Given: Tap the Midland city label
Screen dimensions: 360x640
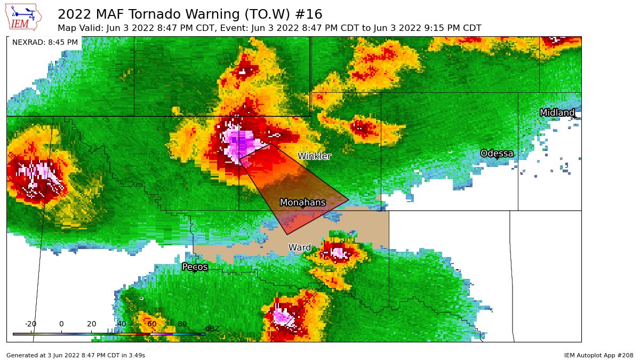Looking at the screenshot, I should click(x=557, y=113).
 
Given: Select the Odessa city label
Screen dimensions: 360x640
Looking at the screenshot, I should click(x=497, y=154).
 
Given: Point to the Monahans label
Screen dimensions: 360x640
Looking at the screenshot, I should click(x=302, y=203).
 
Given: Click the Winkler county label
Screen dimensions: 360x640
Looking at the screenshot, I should click(x=314, y=156).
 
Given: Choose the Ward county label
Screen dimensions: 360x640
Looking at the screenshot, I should click(x=299, y=247).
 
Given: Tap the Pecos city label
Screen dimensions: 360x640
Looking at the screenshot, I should click(x=195, y=267).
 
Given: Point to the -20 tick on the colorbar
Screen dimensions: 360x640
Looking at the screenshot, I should click(x=30, y=324).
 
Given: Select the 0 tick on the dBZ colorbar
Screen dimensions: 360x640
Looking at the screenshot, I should click(x=61, y=324).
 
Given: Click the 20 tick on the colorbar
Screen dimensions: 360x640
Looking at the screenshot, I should click(x=91, y=324).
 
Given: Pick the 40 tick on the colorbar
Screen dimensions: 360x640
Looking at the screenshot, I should click(x=122, y=324).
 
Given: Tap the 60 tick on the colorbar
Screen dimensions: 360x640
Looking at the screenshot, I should click(x=152, y=324).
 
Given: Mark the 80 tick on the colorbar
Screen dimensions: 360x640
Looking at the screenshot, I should click(x=182, y=324).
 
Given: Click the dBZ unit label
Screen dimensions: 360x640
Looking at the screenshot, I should click(x=212, y=329).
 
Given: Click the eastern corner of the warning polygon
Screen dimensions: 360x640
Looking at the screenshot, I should click(x=349, y=201).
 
